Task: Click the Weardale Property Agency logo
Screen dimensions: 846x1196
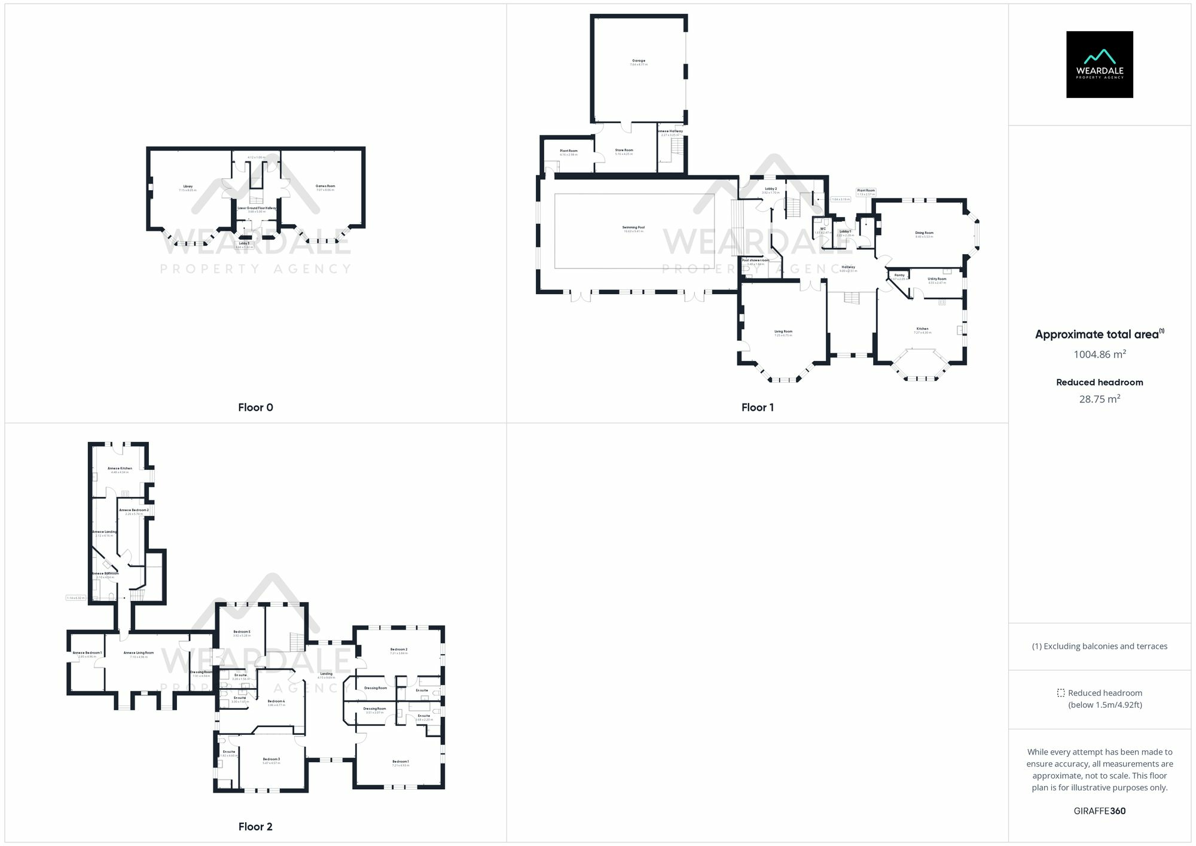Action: pyautogui.click(x=1099, y=65)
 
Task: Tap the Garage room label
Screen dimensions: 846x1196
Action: pyautogui.click(x=639, y=61)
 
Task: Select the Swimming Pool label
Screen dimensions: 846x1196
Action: pyautogui.click(x=633, y=228)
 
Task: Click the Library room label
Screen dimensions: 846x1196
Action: pyautogui.click(x=188, y=187)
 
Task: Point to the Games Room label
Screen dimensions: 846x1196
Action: pyautogui.click(x=325, y=186)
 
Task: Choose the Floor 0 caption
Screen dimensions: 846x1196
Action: pyautogui.click(x=255, y=407)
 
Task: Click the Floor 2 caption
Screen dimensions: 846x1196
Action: pyautogui.click(x=255, y=826)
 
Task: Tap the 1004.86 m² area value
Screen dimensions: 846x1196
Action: pyautogui.click(x=1099, y=354)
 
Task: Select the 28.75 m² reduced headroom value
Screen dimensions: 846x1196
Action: pyautogui.click(x=1099, y=399)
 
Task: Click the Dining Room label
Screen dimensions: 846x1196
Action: pyautogui.click(x=924, y=233)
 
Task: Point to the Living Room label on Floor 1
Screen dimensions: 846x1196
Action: pyautogui.click(x=783, y=332)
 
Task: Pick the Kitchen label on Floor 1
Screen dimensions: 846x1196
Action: pyautogui.click(x=923, y=329)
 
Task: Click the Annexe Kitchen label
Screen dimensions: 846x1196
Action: pyautogui.click(x=120, y=469)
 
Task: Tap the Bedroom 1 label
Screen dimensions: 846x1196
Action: pyautogui.click(x=400, y=762)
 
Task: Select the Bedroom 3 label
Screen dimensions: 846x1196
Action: pyautogui.click(x=271, y=759)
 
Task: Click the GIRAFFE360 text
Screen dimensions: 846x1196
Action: pyautogui.click(x=1099, y=811)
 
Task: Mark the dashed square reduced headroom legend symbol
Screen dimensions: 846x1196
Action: pyautogui.click(x=1060, y=693)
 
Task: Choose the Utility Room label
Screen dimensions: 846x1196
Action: pyautogui.click(x=937, y=279)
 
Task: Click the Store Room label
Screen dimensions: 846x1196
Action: pyautogui.click(x=624, y=151)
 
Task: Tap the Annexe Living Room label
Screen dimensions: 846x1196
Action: pyautogui.click(x=138, y=653)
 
